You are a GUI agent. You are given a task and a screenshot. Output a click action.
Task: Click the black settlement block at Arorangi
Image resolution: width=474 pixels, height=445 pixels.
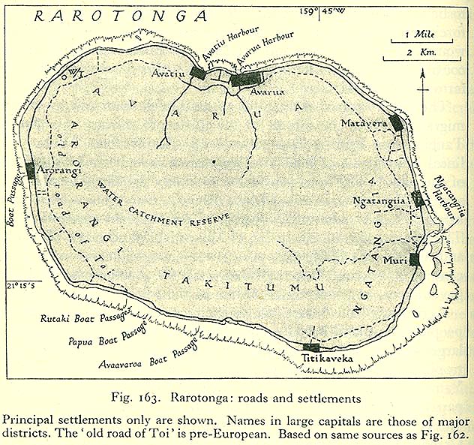[31, 170]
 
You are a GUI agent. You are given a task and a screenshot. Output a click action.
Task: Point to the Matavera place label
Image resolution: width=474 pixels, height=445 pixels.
[364, 122]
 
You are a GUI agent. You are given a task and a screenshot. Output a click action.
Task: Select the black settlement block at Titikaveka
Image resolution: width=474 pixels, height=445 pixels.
[311, 347]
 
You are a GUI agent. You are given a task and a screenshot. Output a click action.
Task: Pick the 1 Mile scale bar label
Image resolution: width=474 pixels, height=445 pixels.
[417, 35]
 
